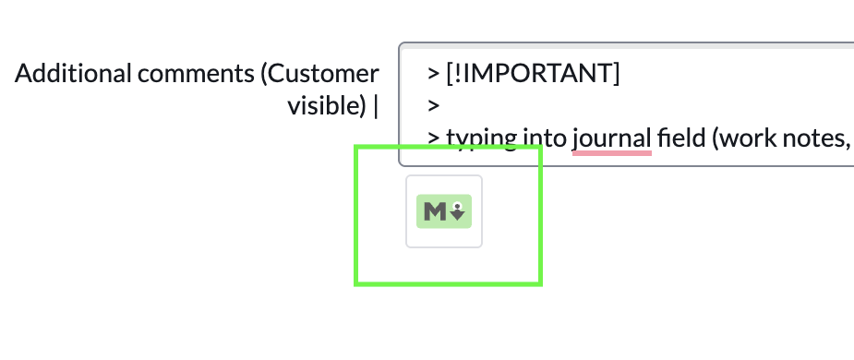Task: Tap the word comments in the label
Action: (184, 75)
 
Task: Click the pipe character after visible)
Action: (377, 106)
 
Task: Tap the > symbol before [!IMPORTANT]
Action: (432, 72)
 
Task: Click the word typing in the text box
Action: (480, 138)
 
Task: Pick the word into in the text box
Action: (544, 138)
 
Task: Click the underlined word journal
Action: (611, 138)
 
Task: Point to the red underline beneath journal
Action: (611, 153)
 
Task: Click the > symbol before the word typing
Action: (432, 138)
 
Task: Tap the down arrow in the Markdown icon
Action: (459, 213)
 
